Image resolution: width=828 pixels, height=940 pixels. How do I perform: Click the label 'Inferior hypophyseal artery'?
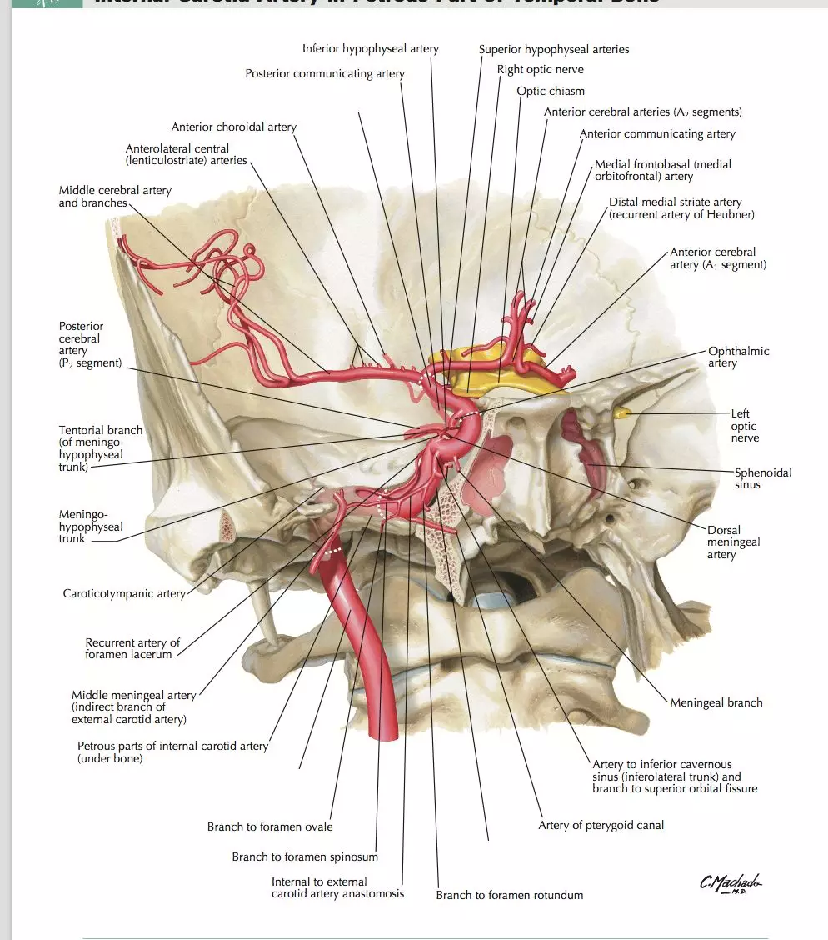[x=370, y=49]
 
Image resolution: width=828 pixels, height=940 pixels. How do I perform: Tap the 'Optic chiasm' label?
[x=551, y=91]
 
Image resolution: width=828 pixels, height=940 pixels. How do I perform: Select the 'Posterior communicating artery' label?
[x=325, y=74]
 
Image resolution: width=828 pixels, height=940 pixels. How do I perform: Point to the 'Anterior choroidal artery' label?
[x=234, y=127]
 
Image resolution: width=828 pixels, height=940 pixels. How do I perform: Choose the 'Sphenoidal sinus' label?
[x=763, y=478]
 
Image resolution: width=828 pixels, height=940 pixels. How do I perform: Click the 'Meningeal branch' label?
[x=716, y=702]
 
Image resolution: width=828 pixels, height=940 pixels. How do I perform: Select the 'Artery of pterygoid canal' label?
[x=601, y=826]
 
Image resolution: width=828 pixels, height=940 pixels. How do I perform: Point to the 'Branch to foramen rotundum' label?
[x=510, y=895]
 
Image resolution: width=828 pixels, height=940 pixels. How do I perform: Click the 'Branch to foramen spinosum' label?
[x=305, y=857]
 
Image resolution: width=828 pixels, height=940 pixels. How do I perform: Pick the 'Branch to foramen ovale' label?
[x=270, y=827]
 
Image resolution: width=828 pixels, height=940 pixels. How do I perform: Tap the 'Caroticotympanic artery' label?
[x=124, y=594]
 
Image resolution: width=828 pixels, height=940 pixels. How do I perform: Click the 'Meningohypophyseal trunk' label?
[x=91, y=527]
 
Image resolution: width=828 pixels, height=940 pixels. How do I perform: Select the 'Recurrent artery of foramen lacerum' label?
[x=132, y=648]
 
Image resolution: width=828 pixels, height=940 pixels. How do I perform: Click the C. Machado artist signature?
[x=731, y=884]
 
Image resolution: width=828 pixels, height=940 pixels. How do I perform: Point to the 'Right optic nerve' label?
[x=541, y=70]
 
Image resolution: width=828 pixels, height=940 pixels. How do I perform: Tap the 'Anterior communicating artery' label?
[x=657, y=134]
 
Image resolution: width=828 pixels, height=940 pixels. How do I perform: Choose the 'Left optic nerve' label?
[x=745, y=425]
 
